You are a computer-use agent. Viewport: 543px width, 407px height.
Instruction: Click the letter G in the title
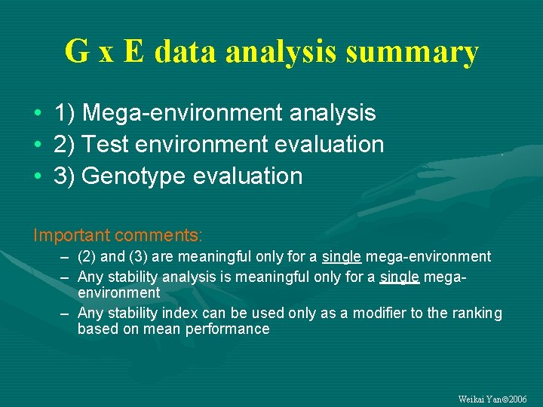tap(76, 52)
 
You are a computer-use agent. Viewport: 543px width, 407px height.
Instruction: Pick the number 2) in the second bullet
tap(64, 144)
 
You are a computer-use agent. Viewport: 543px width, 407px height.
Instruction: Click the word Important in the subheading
tap(71, 236)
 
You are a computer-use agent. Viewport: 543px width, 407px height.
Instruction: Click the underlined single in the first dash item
tap(342, 257)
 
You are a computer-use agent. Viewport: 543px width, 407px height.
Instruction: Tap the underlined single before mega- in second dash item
tap(400, 277)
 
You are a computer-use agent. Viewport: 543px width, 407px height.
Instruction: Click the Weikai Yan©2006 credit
tap(492, 399)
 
